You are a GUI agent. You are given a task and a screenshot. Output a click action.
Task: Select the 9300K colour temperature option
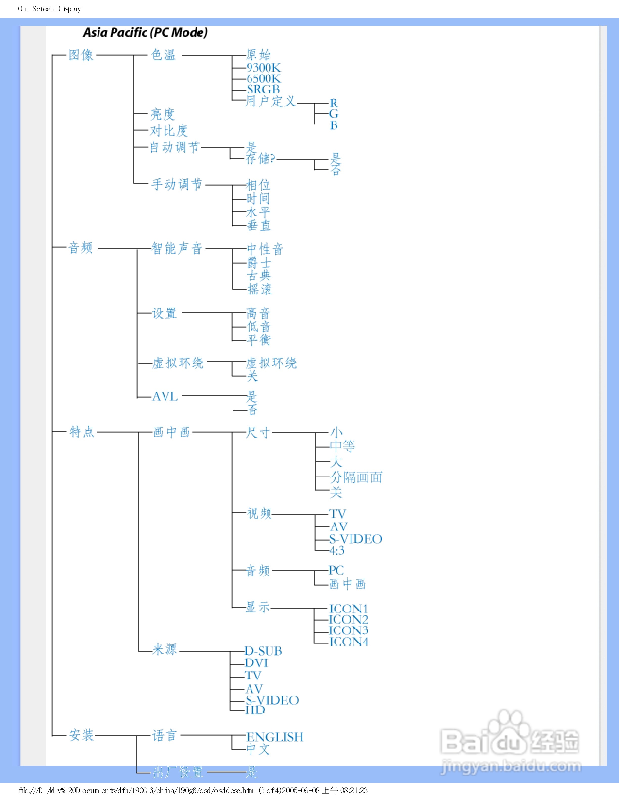click(x=263, y=68)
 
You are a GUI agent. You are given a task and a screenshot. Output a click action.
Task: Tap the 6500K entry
click(x=263, y=78)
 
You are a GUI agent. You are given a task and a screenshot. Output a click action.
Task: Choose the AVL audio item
click(x=165, y=396)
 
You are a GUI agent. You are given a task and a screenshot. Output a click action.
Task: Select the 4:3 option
click(x=337, y=550)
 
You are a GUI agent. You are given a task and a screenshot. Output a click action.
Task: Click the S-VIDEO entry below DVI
click(x=272, y=700)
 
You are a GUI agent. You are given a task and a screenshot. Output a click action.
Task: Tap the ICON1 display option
click(x=348, y=609)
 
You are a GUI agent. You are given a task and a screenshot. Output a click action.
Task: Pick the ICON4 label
click(x=348, y=642)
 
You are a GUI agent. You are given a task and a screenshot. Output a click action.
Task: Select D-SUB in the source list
click(x=263, y=651)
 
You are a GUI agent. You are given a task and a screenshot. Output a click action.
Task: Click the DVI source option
click(x=256, y=663)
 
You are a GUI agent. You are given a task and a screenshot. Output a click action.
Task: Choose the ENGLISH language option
click(x=275, y=737)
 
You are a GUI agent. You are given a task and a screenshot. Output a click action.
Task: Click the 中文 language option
click(x=258, y=749)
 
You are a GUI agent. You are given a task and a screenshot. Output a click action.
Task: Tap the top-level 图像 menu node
click(x=81, y=55)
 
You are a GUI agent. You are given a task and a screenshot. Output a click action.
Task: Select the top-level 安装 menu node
click(x=81, y=735)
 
